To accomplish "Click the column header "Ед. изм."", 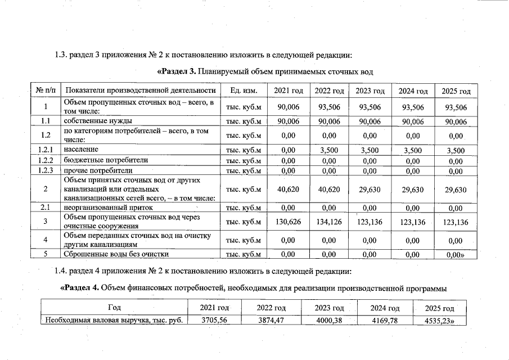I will point(243,91).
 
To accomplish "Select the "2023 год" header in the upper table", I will point(370,91).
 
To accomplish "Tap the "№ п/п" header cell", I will point(45,91).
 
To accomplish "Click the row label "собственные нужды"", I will point(98,121).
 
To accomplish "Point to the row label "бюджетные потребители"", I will point(106,160).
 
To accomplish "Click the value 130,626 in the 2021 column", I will point(288,222).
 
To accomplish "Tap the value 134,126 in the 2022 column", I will point(329,222).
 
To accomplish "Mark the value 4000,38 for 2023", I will point(328,321).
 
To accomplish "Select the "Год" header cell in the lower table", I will point(114,308).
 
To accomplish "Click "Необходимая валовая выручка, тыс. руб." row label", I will point(115,321).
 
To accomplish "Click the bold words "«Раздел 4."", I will point(79,289).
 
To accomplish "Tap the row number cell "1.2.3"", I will point(45,171).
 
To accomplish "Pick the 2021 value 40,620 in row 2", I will point(288,190).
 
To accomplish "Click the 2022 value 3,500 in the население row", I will point(329,150).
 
